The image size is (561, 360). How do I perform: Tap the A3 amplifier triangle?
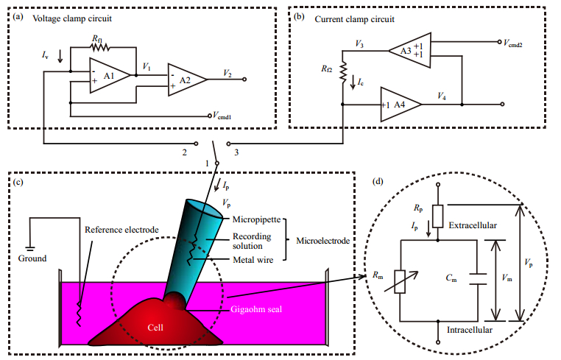click(408, 51)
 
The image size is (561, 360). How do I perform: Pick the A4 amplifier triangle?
click(400, 104)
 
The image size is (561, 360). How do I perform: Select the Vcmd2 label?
click(515, 42)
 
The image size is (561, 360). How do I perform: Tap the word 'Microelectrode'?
click(323, 241)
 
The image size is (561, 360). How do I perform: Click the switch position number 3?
click(236, 152)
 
